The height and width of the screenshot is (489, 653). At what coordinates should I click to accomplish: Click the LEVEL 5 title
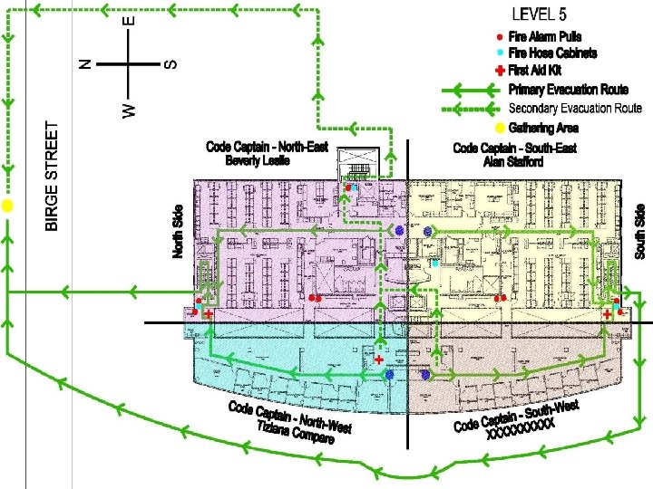540,14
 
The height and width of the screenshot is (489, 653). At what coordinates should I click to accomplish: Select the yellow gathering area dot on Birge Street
7,206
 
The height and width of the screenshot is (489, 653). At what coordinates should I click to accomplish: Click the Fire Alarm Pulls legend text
545,36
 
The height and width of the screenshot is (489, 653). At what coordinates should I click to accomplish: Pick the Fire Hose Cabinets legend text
553,53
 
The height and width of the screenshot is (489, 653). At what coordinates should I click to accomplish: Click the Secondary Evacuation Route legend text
575,108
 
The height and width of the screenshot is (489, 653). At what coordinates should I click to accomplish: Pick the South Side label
640,230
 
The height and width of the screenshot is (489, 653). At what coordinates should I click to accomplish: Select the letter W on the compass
129,110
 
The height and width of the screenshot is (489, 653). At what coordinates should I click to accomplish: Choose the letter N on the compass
84,63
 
